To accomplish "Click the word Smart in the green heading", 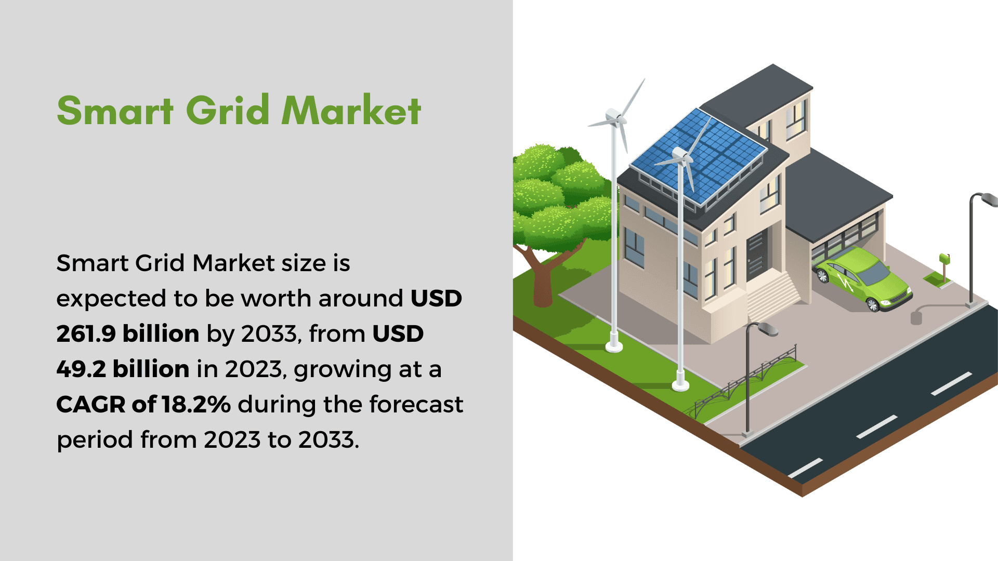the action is coord(115,110).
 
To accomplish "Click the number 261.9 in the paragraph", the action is coord(86,333).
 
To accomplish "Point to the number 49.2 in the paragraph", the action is coord(81,369).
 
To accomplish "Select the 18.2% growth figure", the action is coord(196,404).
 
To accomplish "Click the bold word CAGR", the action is coord(90,404).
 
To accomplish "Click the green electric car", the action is coord(863,278).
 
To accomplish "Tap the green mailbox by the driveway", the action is coord(944,259).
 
